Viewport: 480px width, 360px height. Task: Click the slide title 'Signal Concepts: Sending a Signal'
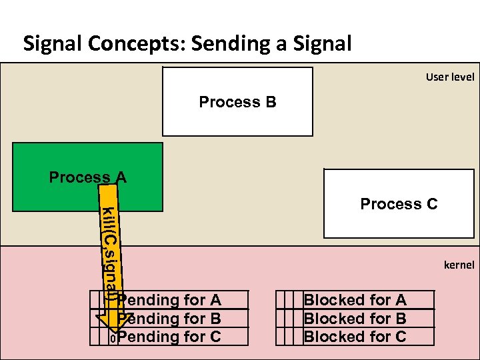[x=187, y=44]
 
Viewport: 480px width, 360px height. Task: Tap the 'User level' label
[x=450, y=77]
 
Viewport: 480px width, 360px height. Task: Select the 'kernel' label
[x=459, y=265]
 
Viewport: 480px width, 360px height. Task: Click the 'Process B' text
[x=237, y=102]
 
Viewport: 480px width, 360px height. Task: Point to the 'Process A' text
[x=87, y=177]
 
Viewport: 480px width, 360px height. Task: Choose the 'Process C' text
[x=399, y=204]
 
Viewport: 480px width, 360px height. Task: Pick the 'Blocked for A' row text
[x=355, y=301]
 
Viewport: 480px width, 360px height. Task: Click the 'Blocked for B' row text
[x=355, y=319]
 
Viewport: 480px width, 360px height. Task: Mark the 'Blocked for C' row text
[x=355, y=337]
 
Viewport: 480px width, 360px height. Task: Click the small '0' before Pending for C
[x=113, y=339]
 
